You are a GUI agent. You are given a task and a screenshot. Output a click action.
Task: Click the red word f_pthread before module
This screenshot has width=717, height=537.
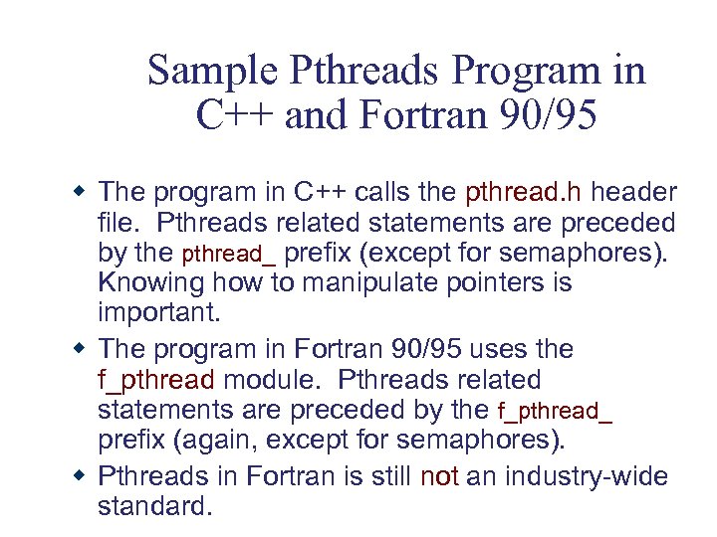tap(155, 380)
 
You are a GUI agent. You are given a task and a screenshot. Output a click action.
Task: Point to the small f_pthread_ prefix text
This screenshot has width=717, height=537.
tap(554, 411)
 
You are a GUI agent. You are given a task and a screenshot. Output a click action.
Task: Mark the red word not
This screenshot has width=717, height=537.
tap(439, 477)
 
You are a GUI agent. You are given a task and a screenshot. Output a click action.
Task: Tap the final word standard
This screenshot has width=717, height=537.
tap(154, 506)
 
